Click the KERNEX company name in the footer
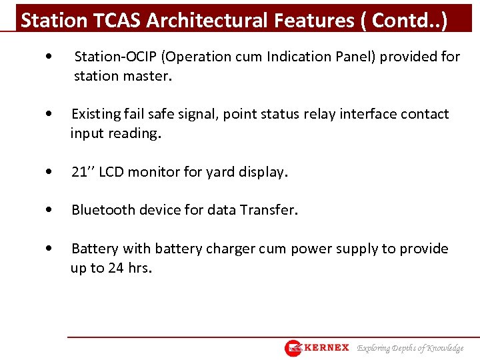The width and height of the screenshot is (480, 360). click(326, 348)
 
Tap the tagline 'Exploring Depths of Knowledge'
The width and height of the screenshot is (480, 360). click(410, 348)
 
